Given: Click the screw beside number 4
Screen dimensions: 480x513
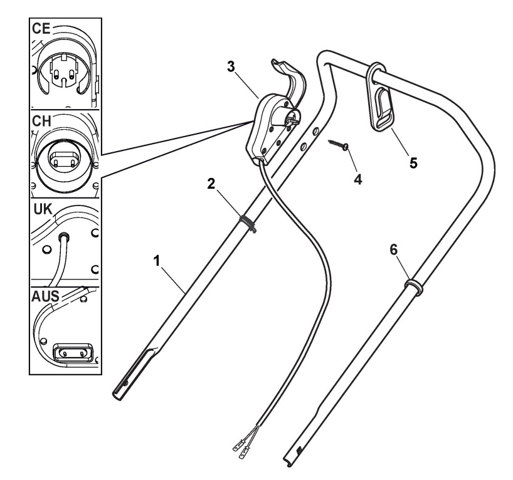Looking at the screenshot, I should pos(339,145).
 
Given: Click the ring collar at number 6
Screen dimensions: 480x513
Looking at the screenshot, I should pos(413,289).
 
